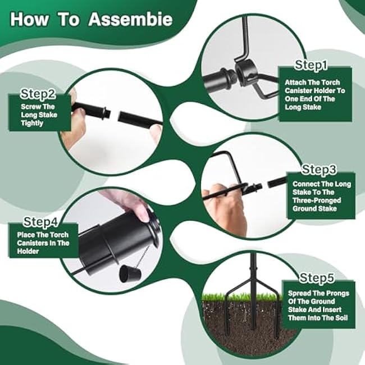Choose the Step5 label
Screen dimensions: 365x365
pyautogui.click(x=317, y=277)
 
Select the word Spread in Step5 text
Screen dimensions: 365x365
pyautogui.click(x=300, y=294)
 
